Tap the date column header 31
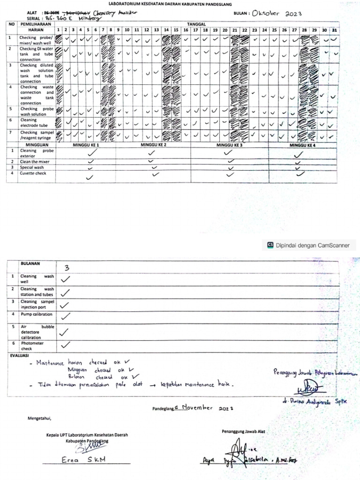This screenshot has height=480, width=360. tap(334, 30)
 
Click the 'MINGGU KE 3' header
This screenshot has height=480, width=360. tap(229, 145)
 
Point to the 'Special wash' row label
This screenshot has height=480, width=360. tap(32, 167)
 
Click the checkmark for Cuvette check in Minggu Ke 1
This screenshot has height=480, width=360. tap(90, 177)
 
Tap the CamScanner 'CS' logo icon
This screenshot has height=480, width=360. tap(270, 245)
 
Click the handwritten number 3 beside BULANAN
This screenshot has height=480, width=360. tap(67, 268)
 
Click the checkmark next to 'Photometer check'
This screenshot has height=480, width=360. tap(66, 345)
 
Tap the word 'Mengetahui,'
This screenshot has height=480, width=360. tap(38, 418)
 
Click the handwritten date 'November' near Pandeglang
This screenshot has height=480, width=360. tap(196, 407)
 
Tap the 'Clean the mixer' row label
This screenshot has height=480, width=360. tap(34, 162)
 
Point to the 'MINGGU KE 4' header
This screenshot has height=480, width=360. tap(302, 145)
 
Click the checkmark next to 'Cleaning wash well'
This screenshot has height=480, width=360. tap(66, 278)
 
